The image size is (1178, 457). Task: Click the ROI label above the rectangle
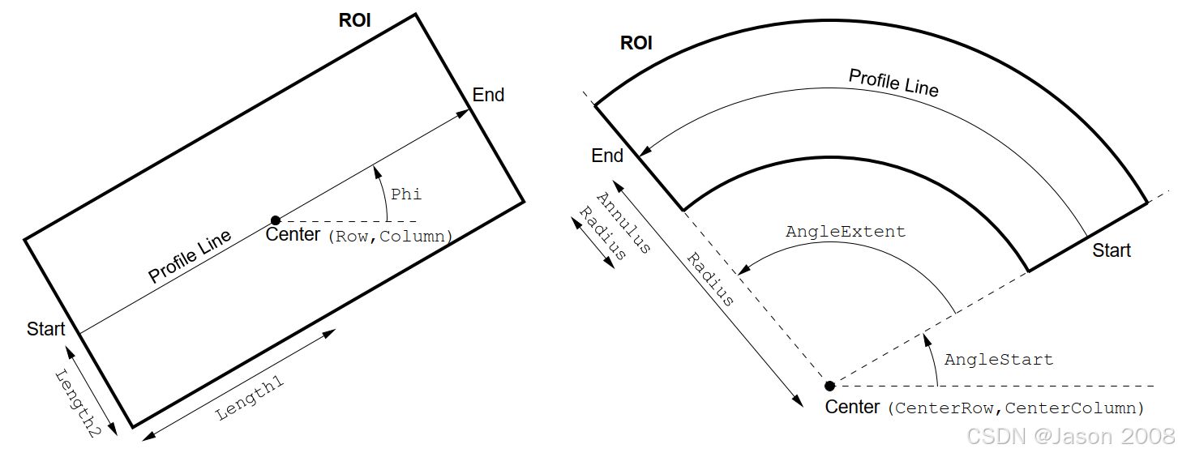point(354,20)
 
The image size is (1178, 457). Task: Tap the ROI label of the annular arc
point(636,43)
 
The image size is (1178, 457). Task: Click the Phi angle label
point(406,194)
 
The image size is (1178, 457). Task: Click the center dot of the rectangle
point(276,220)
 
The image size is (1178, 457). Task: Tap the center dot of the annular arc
point(829,386)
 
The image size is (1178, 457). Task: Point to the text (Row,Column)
point(389,237)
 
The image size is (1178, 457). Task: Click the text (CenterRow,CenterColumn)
point(1016,408)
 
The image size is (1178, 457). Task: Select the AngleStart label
point(999,359)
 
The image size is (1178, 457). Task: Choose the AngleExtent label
point(846,232)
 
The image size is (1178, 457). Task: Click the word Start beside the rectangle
point(45,329)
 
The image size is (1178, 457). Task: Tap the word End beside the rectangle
point(488,95)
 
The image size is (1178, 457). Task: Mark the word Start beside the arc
point(1112,250)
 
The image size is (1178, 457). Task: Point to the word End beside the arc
point(607,156)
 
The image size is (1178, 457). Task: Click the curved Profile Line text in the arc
point(893,82)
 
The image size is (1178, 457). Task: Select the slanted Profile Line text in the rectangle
point(190,257)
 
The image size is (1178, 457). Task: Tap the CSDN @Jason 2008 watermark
point(1069,436)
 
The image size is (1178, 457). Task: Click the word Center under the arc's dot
point(852,407)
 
